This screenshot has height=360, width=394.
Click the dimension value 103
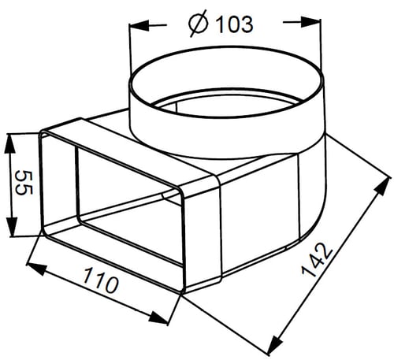pyautogui.click(x=234, y=24)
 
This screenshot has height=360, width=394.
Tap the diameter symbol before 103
pyautogui.click(x=199, y=24)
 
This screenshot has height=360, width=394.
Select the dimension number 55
pyautogui.click(x=24, y=183)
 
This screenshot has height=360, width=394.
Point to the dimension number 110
pyautogui.click(x=100, y=280)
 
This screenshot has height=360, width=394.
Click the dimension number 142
pyautogui.click(x=317, y=260)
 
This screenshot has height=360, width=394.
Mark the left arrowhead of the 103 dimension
pyautogui.click(x=139, y=26)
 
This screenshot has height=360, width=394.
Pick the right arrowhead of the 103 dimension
pyautogui.click(x=310, y=22)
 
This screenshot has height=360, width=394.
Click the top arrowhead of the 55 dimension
pyautogui.click(x=10, y=144)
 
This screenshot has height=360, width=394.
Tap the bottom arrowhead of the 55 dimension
pyautogui.click(x=11, y=227)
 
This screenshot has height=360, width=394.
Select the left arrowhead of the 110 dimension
pyautogui.click(x=37, y=269)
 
